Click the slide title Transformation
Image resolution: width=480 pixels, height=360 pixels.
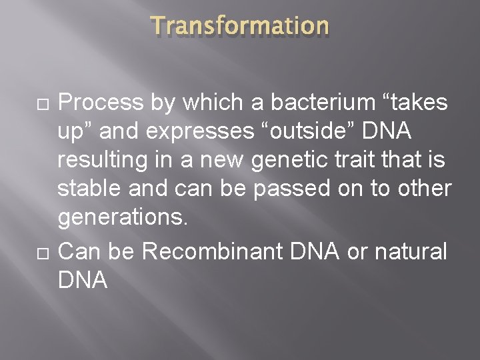[240, 26]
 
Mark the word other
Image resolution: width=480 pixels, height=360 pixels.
[425, 189]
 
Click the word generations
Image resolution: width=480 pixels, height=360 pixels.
[119, 218]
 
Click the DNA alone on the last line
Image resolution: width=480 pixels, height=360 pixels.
[83, 281]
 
